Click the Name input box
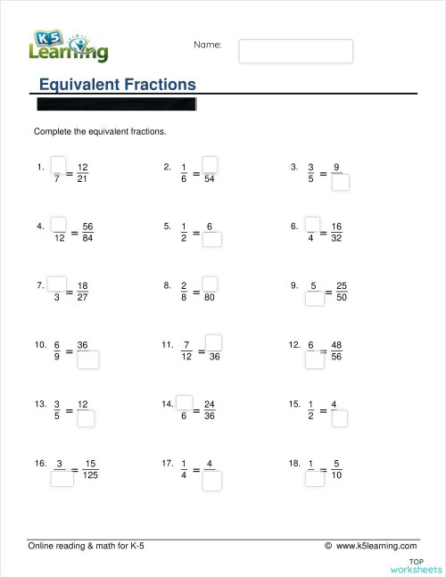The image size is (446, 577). [295, 51]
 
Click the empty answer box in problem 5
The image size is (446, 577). [211, 240]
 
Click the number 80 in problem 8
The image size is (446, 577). [211, 300]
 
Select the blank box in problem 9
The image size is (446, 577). [314, 300]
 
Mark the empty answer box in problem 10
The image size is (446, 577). [87, 359]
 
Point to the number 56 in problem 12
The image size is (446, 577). [337, 359]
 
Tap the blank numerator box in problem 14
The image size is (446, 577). [185, 401]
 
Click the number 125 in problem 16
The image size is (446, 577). [90, 475]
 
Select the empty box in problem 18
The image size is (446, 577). [313, 477]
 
